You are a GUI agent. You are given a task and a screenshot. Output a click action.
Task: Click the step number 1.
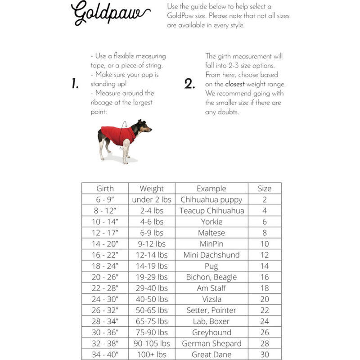[x=75, y=84]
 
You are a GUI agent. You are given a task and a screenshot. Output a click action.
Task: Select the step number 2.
[x=189, y=84]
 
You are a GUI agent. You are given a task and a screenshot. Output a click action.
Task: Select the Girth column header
[x=105, y=189]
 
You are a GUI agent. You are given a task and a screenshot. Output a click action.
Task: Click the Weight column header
[x=152, y=189]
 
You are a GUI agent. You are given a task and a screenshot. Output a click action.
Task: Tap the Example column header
[x=211, y=189]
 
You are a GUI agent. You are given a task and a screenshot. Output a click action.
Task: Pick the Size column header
[x=265, y=189]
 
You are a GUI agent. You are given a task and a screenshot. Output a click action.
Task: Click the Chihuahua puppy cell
[x=211, y=199]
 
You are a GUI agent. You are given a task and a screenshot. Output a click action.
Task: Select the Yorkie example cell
[x=211, y=222]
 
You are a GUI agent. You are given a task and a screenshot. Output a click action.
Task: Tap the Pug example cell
[x=211, y=266]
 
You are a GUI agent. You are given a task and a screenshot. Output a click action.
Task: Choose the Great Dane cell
[x=211, y=355]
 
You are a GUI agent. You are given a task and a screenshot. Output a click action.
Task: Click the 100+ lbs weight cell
[x=152, y=355]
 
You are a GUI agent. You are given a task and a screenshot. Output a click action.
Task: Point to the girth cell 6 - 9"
[x=105, y=199]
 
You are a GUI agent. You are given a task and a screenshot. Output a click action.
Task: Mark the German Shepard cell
[x=211, y=343]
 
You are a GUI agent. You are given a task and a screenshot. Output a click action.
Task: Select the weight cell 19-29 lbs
[x=152, y=277]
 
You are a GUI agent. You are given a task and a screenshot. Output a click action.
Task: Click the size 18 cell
[x=265, y=288]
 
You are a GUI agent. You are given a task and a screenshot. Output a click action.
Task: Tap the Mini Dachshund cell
[x=211, y=255]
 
